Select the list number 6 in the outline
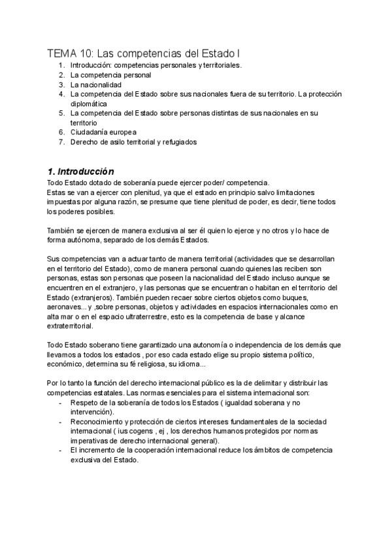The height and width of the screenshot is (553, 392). coord(61,132)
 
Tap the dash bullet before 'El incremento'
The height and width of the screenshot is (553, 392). coord(61,450)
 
